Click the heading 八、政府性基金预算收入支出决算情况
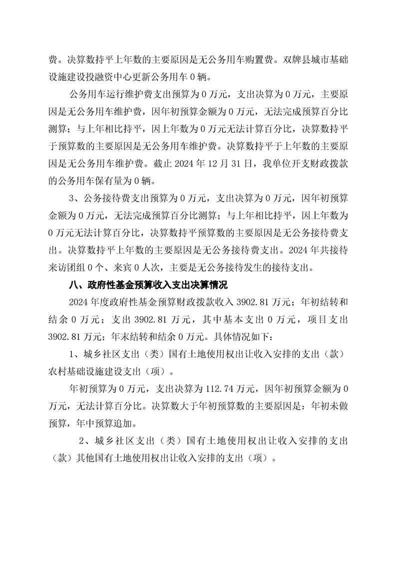pyautogui.click(x=148, y=286)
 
